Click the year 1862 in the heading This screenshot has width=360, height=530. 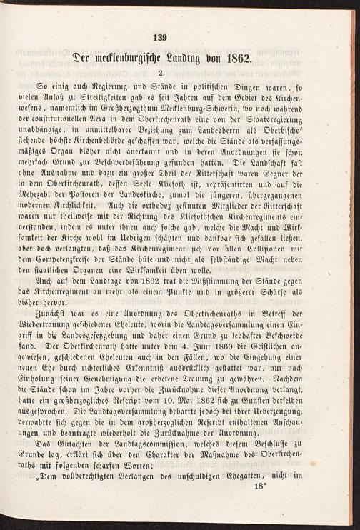click(233, 58)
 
